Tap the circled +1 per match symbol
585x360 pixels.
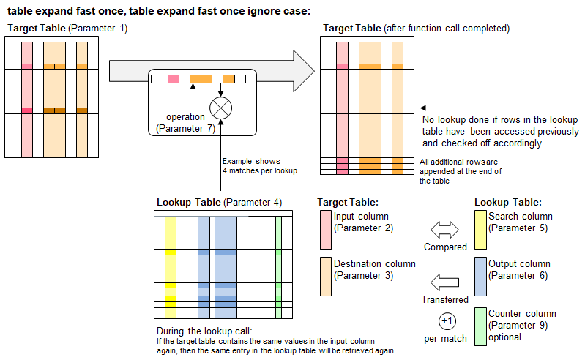pos(447,321)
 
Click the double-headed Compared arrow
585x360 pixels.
pos(444,230)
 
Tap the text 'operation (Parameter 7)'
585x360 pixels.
pos(185,123)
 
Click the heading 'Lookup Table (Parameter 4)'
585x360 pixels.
pos(219,202)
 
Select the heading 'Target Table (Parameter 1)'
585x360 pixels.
pos(67,28)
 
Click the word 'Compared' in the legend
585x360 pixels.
pos(445,247)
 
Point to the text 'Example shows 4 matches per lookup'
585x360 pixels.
pos(250,166)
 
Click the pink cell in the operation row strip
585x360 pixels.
pos(173,79)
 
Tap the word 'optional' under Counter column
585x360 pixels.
pos(504,337)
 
